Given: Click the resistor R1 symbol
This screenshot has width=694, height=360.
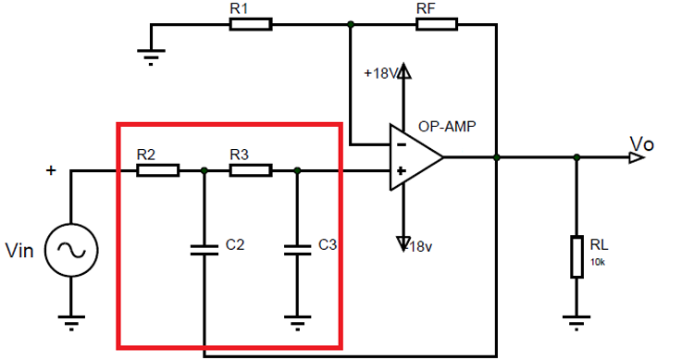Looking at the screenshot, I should (251, 25).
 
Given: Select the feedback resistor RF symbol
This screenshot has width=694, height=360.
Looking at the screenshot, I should (437, 25).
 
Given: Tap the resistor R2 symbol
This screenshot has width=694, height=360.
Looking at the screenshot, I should (157, 170).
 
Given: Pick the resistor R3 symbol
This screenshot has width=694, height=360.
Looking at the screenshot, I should (250, 170).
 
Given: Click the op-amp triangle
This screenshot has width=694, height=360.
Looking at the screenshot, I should (415, 157).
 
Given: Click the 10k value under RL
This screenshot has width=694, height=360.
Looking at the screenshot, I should (598, 262).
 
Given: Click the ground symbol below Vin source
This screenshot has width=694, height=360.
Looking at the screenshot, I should (70, 323).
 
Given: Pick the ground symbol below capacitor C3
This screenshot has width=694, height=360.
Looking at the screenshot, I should (296, 323).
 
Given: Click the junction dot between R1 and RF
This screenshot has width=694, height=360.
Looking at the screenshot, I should (350, 25).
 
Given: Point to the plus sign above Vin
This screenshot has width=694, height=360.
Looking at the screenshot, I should (51, 170).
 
